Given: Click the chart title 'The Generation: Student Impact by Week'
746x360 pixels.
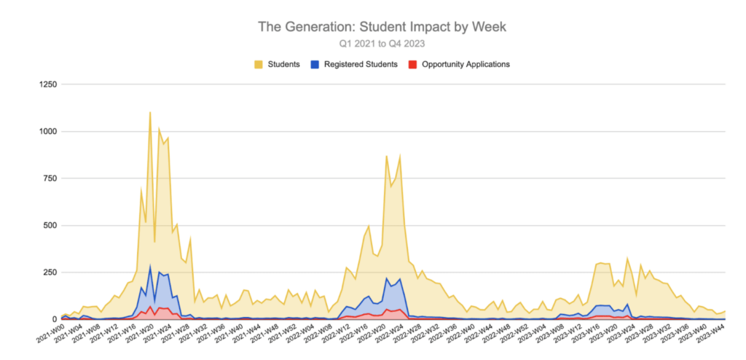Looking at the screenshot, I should pyautogui.click(x=382, y=26).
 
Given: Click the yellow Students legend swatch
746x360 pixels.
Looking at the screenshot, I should pyautogui.click(x=259, y=64).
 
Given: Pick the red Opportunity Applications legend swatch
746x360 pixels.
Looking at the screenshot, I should pyautogui.click(x=412, y=64).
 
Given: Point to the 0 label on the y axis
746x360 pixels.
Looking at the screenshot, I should pyautogui.click(x=52, y=319).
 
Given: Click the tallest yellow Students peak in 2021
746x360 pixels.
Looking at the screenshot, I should pyautogui.click(x=150, y=112).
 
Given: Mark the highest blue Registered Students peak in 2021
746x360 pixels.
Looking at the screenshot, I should pyautogui.click(x=150, y=266).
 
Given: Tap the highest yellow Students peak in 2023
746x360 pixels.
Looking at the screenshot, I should pyautogui.click(x=627, y=258).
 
